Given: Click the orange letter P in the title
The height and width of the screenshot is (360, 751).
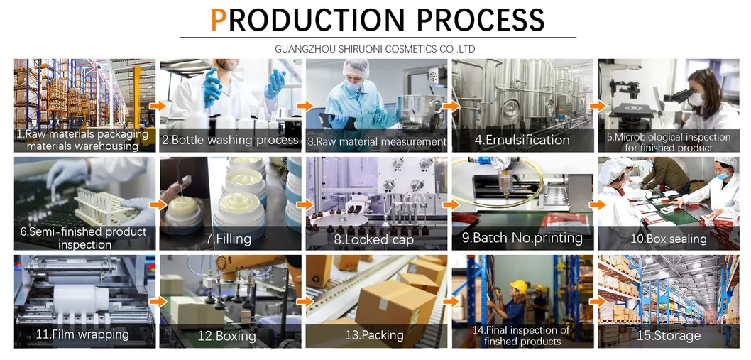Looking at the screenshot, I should [x=219, y=21].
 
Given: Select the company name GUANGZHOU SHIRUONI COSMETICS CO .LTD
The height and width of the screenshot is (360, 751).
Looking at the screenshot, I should [x=375, y=49].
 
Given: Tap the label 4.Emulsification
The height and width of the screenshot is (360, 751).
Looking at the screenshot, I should [x=522, y=140].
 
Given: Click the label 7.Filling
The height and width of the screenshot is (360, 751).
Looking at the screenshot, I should [x=229, y=239].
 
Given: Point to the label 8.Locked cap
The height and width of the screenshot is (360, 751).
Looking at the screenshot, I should [x=375, y=239].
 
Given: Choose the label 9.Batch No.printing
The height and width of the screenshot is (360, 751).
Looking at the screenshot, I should [x=522, y=238].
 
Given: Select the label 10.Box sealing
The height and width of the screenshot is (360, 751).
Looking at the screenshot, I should [x=668, y=239].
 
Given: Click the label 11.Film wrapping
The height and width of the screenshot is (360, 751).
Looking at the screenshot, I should [x=83, y=334].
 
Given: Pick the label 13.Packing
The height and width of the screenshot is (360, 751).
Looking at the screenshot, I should [x=374, y=335].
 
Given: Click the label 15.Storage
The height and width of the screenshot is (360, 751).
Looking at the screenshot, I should [x=668, y=335].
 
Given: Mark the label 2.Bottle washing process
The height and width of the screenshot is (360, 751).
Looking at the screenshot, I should [x=230, y=140].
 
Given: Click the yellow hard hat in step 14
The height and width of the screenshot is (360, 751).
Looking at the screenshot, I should [x=518, y=285].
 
